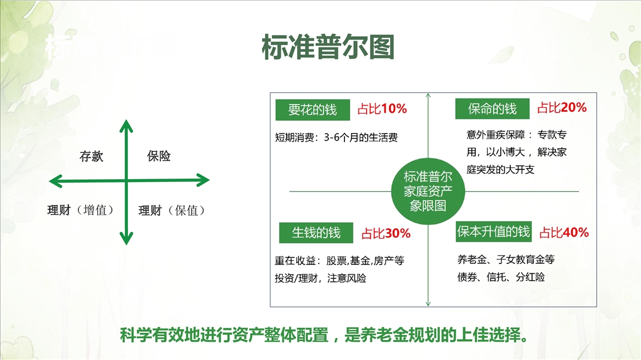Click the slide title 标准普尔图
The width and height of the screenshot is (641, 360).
click(328, 47)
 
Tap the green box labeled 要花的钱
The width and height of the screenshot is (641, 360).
click(313, 110)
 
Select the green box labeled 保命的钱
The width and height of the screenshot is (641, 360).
click(492, 109)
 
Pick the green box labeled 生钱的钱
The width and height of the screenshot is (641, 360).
click(316, 233)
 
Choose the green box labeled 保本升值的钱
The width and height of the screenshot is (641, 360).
click(494, 231)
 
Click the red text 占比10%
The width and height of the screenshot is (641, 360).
click(382, 109)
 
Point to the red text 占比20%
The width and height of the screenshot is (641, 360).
click(562, 107)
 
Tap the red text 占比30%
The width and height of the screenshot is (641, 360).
click(386, 233)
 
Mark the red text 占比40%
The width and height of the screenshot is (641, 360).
click(564, 233)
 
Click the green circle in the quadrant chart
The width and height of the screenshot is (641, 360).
click(428, 191)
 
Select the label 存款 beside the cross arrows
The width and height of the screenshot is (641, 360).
click(91, 156)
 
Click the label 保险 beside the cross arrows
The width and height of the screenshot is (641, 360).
click(159, 156)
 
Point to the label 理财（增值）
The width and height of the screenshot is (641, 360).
click(81, 210)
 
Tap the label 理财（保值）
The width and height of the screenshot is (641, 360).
click(172, 210)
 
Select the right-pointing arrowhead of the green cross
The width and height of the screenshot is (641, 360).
click(203, 180)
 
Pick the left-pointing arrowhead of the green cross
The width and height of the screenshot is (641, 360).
click(56, 181)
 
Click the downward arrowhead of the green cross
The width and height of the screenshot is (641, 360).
click(126, 238)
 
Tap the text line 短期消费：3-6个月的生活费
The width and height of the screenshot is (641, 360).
click(336, 137)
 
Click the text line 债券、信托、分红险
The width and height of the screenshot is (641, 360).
click(501, 277)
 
